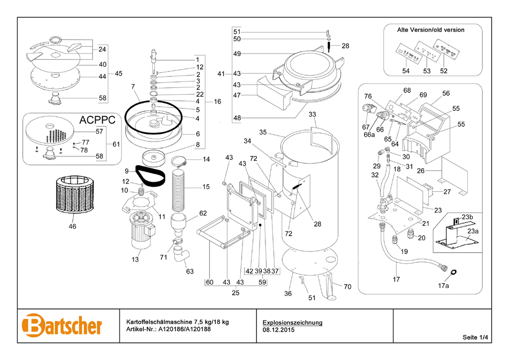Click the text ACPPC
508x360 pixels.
(97, 120)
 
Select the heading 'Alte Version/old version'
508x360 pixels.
(431, 30)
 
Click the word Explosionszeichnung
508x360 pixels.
(292, 322)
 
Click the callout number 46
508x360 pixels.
(72, 226)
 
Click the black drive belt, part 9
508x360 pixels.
(149, 177)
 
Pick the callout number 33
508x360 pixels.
(312, 115)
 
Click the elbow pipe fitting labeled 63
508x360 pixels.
(182, 254)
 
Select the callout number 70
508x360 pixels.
(347, 287)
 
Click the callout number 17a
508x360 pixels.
(443, 286)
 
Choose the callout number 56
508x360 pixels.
(446, 93)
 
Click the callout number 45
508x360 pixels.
(118, 73)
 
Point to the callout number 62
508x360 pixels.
(203, 214)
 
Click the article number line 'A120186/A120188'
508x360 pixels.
(178, 329)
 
